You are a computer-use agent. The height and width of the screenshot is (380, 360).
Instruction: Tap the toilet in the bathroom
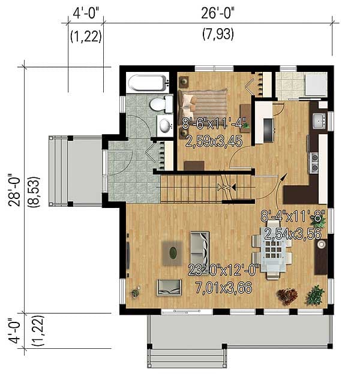coord(159,105)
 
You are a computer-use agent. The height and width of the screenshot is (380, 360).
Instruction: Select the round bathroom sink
coord(164,125)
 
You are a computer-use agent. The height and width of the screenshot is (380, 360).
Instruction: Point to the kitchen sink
coord(319,120)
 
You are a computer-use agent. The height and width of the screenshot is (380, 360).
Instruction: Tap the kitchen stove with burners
coord(314,159)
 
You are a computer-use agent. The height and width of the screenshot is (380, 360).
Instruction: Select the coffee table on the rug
coord(173,253)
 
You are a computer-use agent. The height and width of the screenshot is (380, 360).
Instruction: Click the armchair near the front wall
coord(169,287)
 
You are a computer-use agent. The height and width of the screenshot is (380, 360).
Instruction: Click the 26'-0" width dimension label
coord(217,12)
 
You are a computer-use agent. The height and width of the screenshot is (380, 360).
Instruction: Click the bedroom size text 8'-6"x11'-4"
coord(214,125)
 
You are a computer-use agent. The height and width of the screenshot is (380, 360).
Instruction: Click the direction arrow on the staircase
coord(230,188)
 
